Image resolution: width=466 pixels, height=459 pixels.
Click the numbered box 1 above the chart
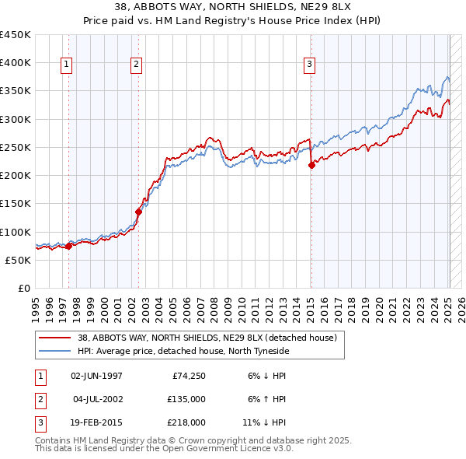[67, 65]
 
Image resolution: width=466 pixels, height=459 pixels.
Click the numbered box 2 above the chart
[136, 65]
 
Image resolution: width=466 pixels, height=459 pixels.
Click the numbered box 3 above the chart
[309, 65]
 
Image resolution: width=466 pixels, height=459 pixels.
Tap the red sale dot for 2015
[311, 165]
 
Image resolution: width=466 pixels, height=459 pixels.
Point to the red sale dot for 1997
[68, 246]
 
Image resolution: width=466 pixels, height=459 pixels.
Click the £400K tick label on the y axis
[16, 63]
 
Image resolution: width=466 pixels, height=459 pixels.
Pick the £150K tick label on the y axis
[16, 204]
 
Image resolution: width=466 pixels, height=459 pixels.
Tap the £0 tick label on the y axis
[23, 289]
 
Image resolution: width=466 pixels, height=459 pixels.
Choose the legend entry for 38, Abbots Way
[207, 338]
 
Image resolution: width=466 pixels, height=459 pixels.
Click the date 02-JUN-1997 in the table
[96, 377]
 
